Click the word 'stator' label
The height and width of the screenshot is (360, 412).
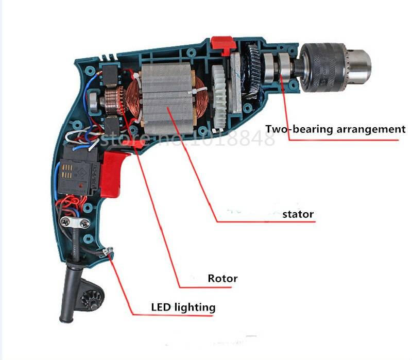(298, 214)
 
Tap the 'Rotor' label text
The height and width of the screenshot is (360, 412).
(222, 278)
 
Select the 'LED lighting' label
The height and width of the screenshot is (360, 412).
(183, 307)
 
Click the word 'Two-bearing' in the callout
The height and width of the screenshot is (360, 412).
(299, 129)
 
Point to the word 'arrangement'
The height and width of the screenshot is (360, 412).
(371, 130)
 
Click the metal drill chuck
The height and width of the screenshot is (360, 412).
(335, 67)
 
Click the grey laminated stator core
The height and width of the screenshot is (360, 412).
(168, 99)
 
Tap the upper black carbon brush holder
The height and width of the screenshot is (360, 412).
(110, 75)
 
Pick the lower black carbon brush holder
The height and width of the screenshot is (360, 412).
(111, 127)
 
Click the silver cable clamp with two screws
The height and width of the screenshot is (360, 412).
(75, 223)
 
